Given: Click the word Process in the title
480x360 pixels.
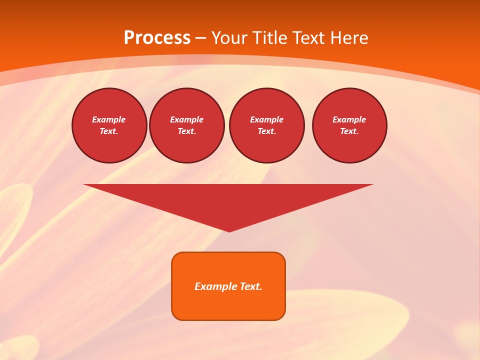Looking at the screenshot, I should click(157, 38).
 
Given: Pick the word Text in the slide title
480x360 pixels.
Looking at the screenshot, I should click(309, 38).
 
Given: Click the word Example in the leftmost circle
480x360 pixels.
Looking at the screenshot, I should click(109, 119).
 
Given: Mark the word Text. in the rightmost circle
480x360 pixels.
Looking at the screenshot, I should click(349, 131).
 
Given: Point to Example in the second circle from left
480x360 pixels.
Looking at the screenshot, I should click(187, 119).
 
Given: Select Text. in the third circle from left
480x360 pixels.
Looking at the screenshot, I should click(267, 131).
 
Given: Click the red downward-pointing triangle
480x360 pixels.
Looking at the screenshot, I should click(228, 200).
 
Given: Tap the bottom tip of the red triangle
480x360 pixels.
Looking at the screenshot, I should click(229, 230).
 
